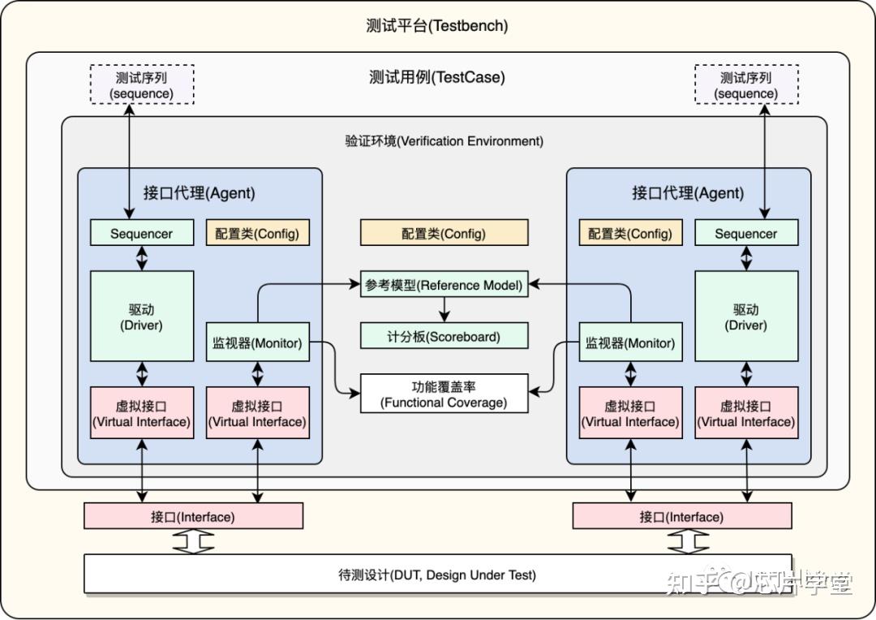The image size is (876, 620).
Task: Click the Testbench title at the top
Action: [x=437, y=26]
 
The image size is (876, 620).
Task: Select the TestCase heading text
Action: [x=437, y=78]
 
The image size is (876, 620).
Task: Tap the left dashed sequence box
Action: [x=142, y=85]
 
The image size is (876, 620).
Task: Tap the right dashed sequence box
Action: [x=746, y=85]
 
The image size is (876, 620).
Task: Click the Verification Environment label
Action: [x=444, y=141]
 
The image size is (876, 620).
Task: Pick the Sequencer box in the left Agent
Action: [x=142, y=234]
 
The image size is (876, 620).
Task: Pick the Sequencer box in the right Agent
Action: [x=746, y=234]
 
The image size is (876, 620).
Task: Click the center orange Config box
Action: [x=444, y=234]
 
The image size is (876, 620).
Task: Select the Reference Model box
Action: [x=444, y=285]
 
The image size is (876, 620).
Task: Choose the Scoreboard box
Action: [x=444, y=336]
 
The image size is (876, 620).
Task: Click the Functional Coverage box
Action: [x=444, y=394]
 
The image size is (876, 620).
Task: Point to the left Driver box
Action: [x=142, y=316]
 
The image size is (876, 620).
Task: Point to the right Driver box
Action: [x=746, y=316]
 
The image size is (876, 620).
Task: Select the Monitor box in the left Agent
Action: [x=257, y=343]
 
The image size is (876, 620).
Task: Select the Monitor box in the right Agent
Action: [x=630, y=343]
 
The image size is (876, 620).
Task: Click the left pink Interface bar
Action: [x=193, y=516]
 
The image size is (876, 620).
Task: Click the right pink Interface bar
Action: [x=681, y=516]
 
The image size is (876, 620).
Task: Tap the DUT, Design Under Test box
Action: [x=437, y=575]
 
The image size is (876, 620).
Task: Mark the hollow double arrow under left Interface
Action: [x=193, y=542]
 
